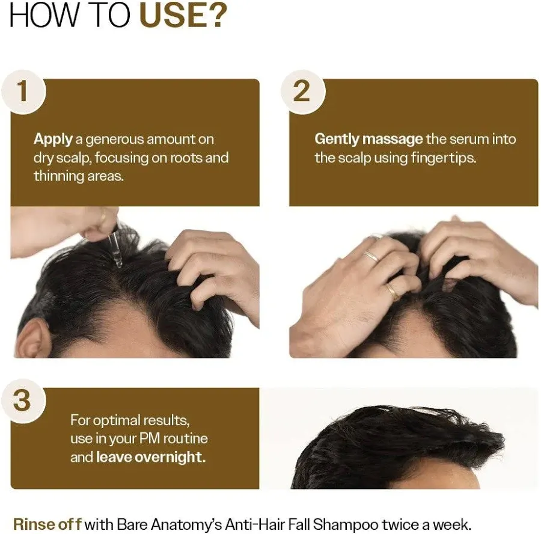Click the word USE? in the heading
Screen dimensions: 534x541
pos(183,16)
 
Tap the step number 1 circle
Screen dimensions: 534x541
pos(22,91)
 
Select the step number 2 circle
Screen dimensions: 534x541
pos(302,91)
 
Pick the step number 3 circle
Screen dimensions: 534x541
pos(22,400)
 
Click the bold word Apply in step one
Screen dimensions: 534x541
pos(53,140)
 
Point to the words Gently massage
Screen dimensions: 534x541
pos(368,140)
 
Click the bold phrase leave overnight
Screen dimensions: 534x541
pos(151,457)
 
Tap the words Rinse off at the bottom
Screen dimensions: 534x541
pos(47,524)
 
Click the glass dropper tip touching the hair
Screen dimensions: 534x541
pos(118,259)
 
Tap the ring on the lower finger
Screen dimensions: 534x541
pos(391,291)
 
